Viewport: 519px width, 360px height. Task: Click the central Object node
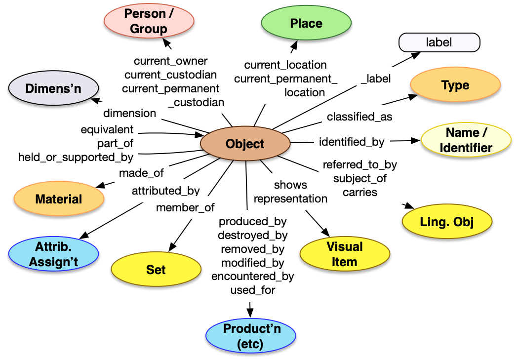(x=245, y=144)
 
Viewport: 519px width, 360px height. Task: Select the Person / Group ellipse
(x=149, y=21)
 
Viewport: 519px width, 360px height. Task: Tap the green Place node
(x=306, y=24)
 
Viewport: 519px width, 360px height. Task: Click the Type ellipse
(x=455, y=85)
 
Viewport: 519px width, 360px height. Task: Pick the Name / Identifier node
(x=466, y=140)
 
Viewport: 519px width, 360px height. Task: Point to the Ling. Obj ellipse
(x=447, y=222)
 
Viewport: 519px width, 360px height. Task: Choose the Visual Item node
(x=344, y=254)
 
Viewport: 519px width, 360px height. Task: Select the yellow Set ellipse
(x=156, y=270)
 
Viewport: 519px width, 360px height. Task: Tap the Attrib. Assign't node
(x=53, y=254)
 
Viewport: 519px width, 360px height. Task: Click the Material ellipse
(x=59, y=200)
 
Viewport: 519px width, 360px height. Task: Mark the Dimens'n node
(x=53, y=89)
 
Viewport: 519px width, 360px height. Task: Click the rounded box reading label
(x=439, y=42)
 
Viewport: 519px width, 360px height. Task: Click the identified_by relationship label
(x=352, y=142)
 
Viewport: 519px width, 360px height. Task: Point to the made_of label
(x=141, y=173)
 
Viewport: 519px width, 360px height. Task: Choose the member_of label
(x=185, y=208)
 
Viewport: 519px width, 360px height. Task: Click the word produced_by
(x=252, y=222)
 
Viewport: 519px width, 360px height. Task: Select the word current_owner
(x=171, y=61)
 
